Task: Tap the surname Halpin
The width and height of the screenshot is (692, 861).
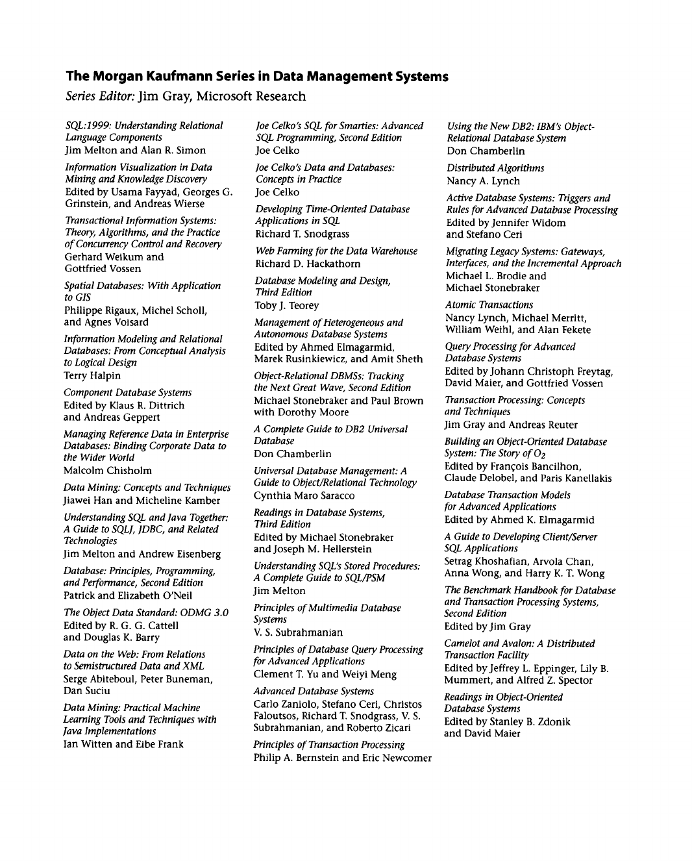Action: click(105, 375)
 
